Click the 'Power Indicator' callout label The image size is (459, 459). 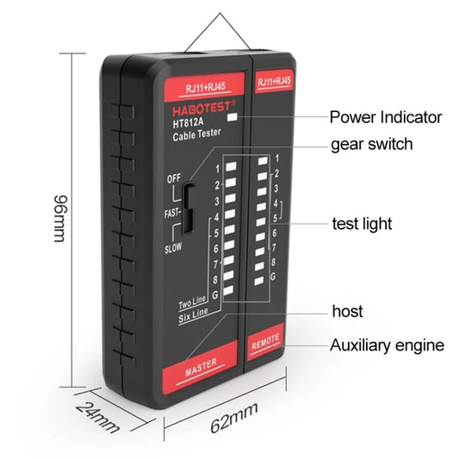(386, 117)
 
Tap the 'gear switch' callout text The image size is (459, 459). (371, 144)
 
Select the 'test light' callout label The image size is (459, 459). (362, 224)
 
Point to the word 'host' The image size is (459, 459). (347, 311)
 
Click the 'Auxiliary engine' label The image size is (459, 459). (388, 346)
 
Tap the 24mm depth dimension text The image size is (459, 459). (96, 417)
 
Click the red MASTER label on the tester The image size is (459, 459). (201, 363)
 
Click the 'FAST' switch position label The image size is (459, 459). (172, 213)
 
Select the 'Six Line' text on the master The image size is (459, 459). (195, 318)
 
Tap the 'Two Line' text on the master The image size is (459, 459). (194, 305)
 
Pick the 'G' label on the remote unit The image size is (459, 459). (273, 277)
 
